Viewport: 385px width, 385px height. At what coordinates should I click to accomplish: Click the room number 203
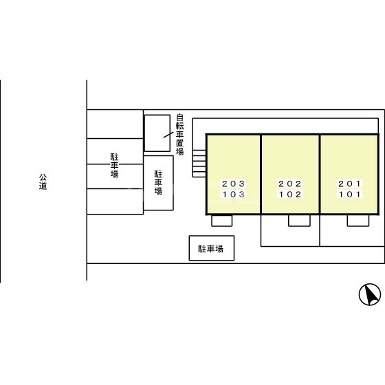tap(233, 184)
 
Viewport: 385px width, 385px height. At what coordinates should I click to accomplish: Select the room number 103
tap(233, 195)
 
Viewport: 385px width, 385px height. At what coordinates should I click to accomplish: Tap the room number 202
tap(290, 184)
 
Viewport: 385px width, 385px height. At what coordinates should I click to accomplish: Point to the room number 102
tap(290, 195)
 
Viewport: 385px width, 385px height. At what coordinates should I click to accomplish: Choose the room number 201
tap(349, 184)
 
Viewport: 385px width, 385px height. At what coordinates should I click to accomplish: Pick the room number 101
tap(349, 195)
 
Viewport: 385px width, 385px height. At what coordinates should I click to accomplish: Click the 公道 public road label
tap(43, 181)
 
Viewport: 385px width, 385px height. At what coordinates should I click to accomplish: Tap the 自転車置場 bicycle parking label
tap(179, 134)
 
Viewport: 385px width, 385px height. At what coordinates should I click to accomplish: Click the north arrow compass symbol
tap(370, 294)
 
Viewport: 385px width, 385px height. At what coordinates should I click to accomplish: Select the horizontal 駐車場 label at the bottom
tap(211, 249)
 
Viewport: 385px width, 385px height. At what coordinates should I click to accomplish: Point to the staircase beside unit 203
tap(199, 164)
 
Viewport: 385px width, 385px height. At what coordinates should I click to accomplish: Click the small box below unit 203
tap(222, 221)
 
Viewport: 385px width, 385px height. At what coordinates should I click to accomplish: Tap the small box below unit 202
tap(299, 221)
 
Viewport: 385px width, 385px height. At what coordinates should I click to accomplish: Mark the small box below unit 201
tap(358, 221)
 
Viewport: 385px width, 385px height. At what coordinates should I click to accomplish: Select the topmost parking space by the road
tap(115, 124)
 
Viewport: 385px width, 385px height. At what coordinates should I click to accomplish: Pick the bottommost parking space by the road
tap(115, 201)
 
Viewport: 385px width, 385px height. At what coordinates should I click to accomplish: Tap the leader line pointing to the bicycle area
tap(168, 135)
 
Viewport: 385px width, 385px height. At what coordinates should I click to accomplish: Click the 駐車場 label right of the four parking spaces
tap(158, 183)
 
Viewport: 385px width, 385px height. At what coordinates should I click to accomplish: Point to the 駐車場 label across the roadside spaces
tap(114, 165)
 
